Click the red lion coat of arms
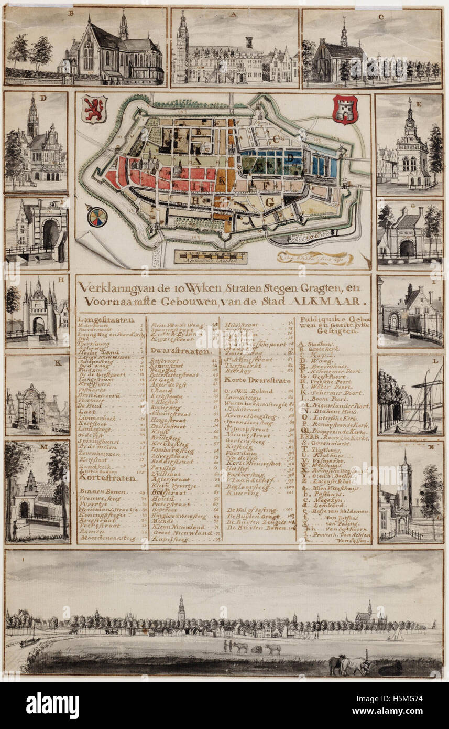[x=94, y=109]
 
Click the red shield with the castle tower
[x=345, y=109]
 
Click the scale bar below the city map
[x=211, y=256]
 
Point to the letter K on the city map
[x=222, y=181]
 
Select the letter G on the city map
[x=270, y=201]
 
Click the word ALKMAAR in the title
[x=334, y=302]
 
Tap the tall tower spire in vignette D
[x=33, y=113]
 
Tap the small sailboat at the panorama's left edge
[x=30, y=640]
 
